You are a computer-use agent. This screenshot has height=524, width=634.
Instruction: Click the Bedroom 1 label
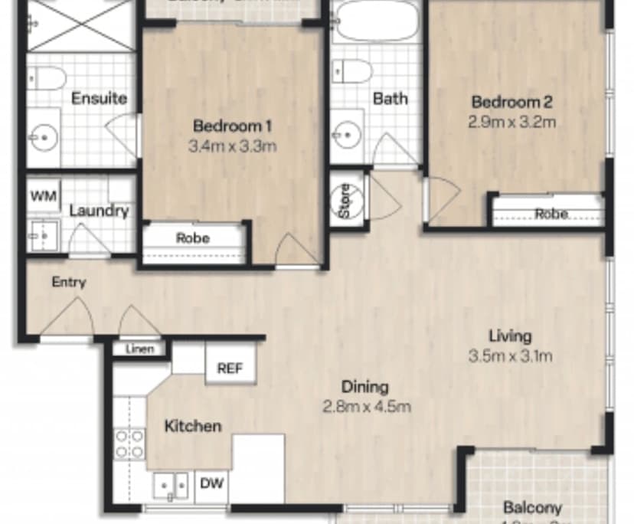tap(232, 126)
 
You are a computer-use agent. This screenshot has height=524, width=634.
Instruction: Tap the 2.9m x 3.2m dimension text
tap(511, 121)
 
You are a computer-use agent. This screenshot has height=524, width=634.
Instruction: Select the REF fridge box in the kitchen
tap(230, 368)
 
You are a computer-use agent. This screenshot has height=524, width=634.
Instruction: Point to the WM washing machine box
tap(44, 195)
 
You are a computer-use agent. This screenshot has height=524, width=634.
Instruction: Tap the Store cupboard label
tap(345, 201)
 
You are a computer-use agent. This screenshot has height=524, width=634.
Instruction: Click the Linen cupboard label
tap(139, 349)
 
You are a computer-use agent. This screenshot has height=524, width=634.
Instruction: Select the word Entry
tap(69, 282)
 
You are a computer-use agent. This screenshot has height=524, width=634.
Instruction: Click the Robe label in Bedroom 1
tap(193, 238)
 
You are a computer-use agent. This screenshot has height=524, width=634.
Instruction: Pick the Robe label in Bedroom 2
tap(551, 214)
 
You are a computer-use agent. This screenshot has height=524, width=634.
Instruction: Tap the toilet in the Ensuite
tap(47, 77)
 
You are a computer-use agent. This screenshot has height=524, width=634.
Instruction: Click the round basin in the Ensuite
tap(43, 139)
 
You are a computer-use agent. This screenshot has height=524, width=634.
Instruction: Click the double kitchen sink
tap(172, 485)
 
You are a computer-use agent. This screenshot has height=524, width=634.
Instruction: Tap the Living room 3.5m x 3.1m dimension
tap(511, 355)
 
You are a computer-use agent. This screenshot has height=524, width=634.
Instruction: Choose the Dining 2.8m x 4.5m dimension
tap(367, 406)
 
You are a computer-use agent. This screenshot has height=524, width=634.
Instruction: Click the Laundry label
tap(99, 211)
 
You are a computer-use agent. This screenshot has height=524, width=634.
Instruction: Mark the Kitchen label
tap(193, 426)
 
